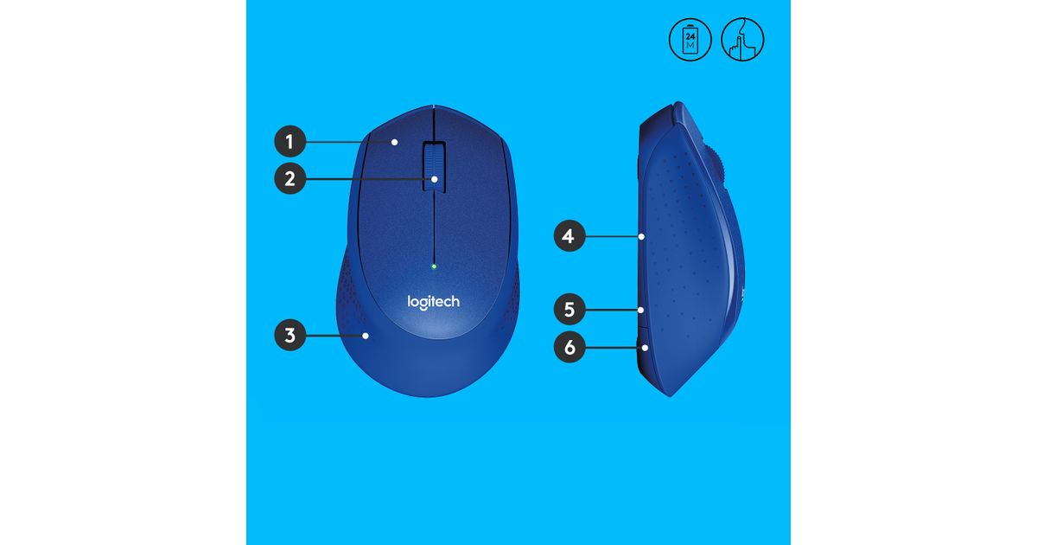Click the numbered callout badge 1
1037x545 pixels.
click(x=289, y=141)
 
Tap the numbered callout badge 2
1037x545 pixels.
click(x=289, y=178)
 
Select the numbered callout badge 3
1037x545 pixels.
click(x=289, y=335)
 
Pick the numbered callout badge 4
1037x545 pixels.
click(x=569, y=236)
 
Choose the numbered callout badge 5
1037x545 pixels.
click(x=569, y=309)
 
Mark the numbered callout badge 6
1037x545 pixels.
click(x=569, y=347)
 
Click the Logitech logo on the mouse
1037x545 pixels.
click(x=433, y=302)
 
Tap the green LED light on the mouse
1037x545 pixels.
click(x=434, y=266)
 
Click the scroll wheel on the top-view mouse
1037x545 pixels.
click(x=434, y=166)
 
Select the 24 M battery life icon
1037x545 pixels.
click(x=690, y=40)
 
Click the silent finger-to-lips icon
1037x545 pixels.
click(x=742, y=40)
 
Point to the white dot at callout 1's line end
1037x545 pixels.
click(x=394, y=142)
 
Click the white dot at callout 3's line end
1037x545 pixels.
click(x=366, y=336)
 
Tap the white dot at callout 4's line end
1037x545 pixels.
click(x=641, y=236)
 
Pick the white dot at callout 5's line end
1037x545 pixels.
click(x=640, y=310)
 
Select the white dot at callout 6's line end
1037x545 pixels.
click(x=645, y=347)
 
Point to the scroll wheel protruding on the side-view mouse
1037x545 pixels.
click(x=716, y=168)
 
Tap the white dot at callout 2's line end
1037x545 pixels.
click(x=434, y=179)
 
